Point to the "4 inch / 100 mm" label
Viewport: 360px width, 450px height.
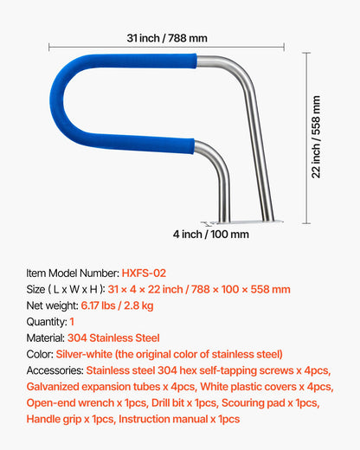click(x=210, y=235)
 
